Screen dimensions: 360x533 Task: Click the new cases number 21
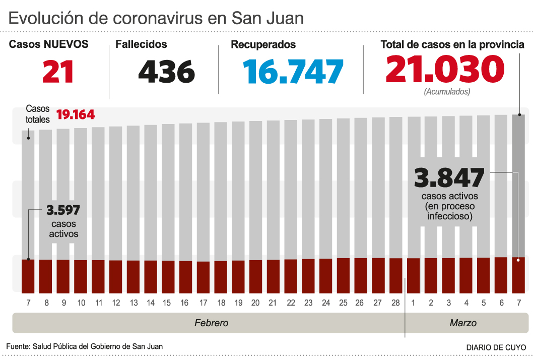click(58, 71)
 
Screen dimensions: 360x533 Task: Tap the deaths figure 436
click(166, 71)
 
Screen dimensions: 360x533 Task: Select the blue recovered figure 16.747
click(293, 71)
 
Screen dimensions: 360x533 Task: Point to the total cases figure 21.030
click(445, 69)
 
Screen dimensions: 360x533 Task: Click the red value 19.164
click(76, 115)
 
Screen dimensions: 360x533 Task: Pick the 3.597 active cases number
click(63, 210)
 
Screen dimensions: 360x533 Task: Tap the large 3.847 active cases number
click(449, 178)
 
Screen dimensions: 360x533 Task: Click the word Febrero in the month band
click(212, 323)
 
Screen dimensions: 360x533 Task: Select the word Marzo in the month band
click(463, 323)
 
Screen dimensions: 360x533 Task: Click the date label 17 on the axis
click(203, 303)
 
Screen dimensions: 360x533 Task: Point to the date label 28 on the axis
click(395, 303)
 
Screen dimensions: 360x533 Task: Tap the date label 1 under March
click(414, 303)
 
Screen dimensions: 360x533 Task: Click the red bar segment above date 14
click(151, 276)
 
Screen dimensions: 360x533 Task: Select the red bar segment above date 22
click(291, 276)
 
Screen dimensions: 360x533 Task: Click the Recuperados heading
click(263, 45)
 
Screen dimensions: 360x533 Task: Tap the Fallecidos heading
click(141, 44)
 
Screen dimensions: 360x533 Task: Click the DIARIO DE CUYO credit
click(496, 347)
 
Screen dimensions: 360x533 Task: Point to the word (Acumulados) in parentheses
click(447, 92)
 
